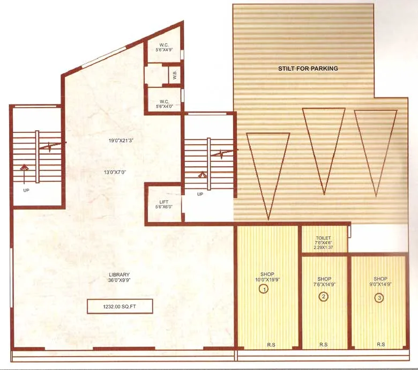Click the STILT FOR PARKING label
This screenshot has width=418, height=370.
308,69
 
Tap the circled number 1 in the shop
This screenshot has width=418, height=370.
264,289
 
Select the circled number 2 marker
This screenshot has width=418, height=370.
323,297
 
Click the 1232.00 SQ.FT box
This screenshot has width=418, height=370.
121,307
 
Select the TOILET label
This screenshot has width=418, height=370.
324,238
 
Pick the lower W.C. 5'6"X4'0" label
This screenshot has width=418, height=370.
164,103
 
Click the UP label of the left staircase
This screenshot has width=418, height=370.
26,190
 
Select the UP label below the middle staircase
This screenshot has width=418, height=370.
200,194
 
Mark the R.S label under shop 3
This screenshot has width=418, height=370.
380,344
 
